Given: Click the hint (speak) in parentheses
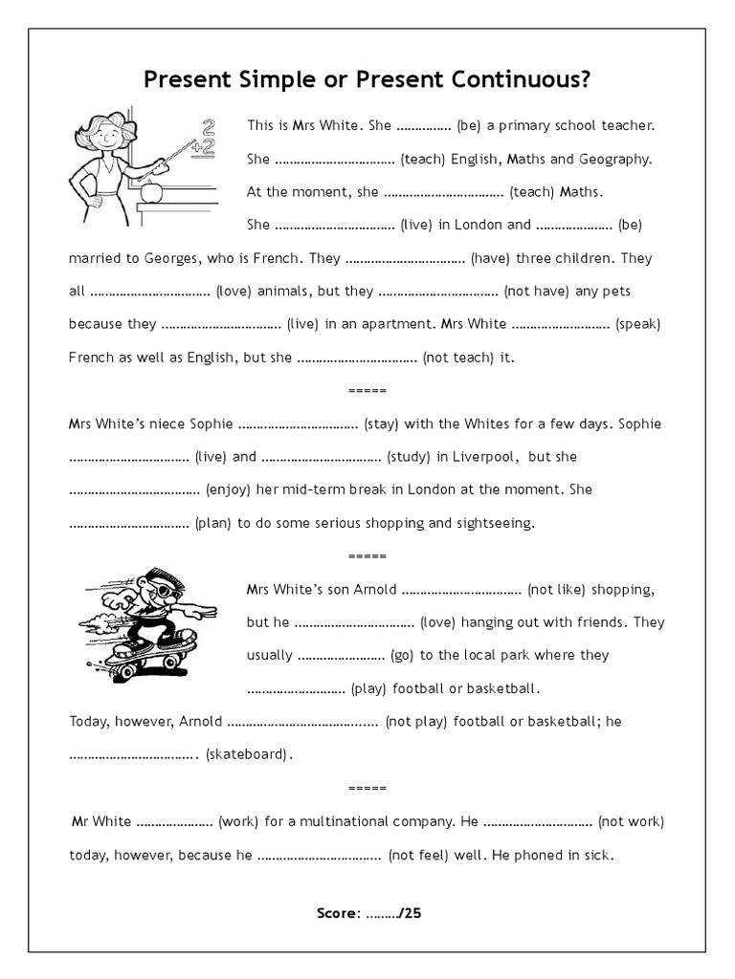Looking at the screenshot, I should [x=637, y=324].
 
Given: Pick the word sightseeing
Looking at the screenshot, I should [x=495, y=523].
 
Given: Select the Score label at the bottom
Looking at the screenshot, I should [x=337, y=913].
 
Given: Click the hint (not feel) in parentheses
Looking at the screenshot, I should [x=418, y=855].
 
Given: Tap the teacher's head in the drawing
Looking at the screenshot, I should [x=105, y=134].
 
